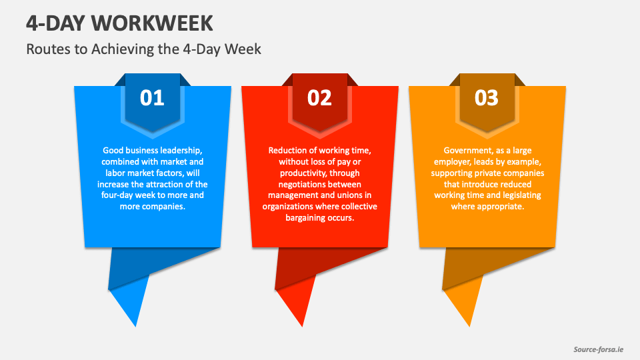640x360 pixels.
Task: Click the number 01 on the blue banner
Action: tap(152, 98)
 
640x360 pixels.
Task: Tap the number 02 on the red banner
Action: tap(319, 98)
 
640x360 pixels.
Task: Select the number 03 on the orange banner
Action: tap(487, 98)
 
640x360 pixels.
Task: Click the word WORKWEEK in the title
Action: tap(152, 23)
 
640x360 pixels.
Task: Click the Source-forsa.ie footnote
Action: tap(599, 349)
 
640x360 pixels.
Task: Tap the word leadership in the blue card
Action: tap(181, 150)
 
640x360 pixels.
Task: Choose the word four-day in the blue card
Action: tap(117, 195)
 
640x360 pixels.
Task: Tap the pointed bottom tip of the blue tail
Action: tap(135, 327)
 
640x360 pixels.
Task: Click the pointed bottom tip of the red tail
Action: tap(303, 327)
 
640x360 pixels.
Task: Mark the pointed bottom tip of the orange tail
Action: tap(470, 327)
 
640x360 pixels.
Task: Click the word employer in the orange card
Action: tap(452, 162)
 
